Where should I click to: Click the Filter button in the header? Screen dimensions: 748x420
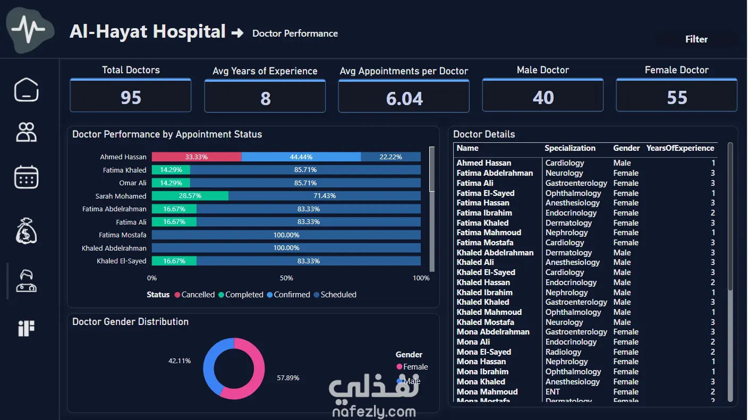[696, 39]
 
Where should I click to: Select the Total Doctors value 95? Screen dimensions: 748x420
[131, 98]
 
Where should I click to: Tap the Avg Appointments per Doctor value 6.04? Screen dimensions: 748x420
[404, 98]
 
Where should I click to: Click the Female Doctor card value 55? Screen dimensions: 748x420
[677, 98]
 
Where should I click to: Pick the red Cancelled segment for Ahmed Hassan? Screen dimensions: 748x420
[197, 157]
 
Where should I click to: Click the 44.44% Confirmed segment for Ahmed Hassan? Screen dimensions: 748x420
[301, 157]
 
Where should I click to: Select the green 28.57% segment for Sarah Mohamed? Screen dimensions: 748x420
[190, 195]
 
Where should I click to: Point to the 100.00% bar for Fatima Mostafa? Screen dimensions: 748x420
[286, 235]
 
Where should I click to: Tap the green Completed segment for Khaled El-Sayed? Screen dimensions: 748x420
[174, 261]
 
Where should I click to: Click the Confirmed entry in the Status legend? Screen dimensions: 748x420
[288, 295]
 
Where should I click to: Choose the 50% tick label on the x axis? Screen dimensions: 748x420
[286, 278]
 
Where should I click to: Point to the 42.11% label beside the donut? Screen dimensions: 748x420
[180, 361]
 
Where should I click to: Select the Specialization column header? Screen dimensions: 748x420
[569, 148]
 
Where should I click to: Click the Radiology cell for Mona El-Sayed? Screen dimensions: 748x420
[563, 352]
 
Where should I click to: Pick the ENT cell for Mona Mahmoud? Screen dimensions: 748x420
[552, 392]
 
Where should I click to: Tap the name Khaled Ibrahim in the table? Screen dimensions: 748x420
[484, 292]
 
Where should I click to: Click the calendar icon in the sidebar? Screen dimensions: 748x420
[27, 177]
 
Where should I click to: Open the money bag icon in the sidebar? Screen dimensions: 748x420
[27, 230]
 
